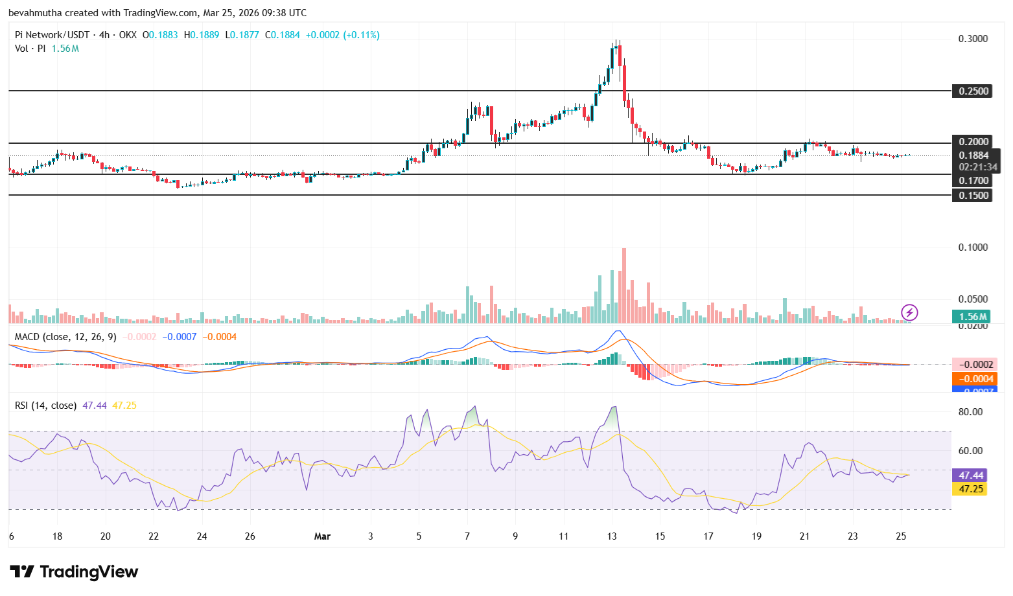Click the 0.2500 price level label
(x=973, y=91)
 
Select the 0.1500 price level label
(x=973, y=196)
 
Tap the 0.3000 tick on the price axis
(x=973, y=39)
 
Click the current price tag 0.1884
(x=973, y=155)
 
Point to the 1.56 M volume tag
(x=972, y=317)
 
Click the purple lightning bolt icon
(x=909, y=313)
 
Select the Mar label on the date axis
(x=322, y=536)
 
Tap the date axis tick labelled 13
(x=612, y=536)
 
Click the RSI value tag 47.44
(x=971, y=476)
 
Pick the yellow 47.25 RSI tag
(x=971, y=489)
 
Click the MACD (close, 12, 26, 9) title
(x=65, y=337)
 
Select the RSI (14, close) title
(x=45, y=406)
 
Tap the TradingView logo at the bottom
(x=74, y=572)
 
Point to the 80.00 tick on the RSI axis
(x=970, y=412)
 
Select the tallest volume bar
(x=623, y=286)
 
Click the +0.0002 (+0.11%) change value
(x=342, y=35)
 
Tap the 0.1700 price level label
(x=973, y=181)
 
